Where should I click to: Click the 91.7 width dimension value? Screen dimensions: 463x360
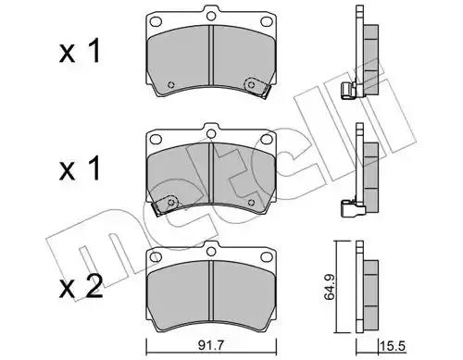coord(211,346)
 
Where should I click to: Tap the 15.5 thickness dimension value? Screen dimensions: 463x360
coord(393,346)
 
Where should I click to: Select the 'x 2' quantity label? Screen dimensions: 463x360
coord(81,286)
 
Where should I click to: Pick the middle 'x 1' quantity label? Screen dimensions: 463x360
coord(80,168)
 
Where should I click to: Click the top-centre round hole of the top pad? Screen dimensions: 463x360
coord(211,16)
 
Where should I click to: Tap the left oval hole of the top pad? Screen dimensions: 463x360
coord(156,22)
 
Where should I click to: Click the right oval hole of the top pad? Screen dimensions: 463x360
coord(267,22)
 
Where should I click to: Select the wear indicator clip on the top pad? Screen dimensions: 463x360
coord(257,87)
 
